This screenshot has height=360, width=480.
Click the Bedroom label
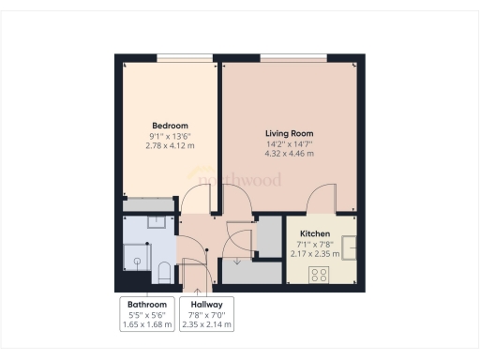pos(171,126)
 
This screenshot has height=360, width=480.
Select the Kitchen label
pos(315,233)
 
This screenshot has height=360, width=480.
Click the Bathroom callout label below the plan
pos(147,305)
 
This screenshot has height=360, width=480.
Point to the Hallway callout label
pos(206,305)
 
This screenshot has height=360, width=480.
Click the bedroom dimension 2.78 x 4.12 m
pos(171,145)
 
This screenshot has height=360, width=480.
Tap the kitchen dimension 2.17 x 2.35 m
pos(315,254)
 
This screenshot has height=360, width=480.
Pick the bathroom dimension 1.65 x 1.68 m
pos(147,325)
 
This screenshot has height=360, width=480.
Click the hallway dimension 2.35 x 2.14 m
pos(206,325)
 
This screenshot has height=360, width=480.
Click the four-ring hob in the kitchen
pos(320,274)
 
